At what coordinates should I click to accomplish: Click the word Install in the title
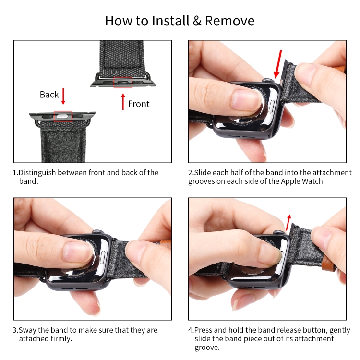click(170, 21)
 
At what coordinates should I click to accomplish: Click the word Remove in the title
click(229, 21)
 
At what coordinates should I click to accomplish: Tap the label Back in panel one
click(49, 95)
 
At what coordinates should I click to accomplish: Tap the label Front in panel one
click(139, 104)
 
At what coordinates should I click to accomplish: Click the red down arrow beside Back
click(63, 96)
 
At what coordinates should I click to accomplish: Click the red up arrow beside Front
click(123, 101)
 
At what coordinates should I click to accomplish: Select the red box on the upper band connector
click(123, 83)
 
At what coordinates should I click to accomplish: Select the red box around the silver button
click(63, 117)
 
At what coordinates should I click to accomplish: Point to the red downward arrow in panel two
click(278, 64)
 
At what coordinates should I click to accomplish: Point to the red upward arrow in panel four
click(288, 223)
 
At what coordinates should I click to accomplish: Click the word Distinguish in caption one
click(37, 173)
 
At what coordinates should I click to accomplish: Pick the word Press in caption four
click(204, 330)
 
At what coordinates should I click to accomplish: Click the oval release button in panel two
click(272, 106)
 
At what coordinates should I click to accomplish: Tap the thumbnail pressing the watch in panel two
click(245, 99)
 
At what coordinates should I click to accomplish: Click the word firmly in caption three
click(60, 339)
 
